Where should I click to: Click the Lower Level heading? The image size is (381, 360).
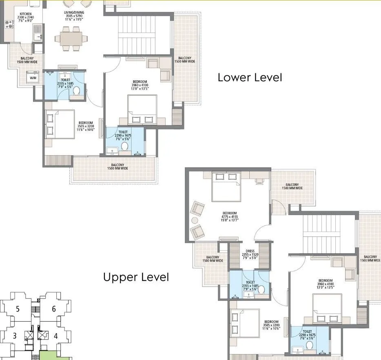250,77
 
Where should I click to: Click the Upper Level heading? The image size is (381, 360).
136,278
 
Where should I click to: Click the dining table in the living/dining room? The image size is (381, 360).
74,38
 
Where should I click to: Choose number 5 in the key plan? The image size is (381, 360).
18,309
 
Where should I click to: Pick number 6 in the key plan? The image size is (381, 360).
53,309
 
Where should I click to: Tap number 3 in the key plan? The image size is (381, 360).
15,336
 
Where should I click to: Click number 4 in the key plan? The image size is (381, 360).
55,336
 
